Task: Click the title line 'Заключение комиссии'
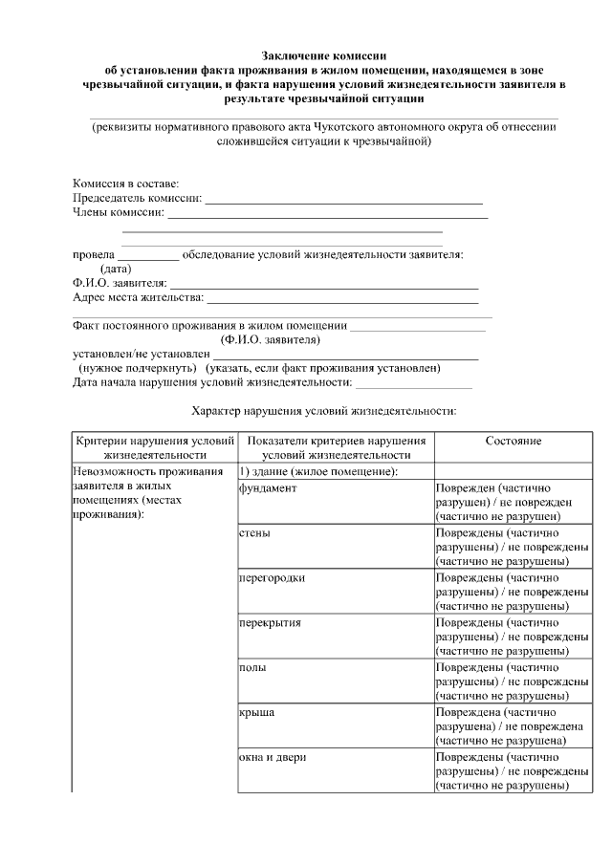(317, 56)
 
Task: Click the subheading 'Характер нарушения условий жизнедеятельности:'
(324, 411)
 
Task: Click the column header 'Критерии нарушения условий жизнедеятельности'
(154, 448)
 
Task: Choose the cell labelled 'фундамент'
(268, 488)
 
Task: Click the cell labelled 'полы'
(252, 667)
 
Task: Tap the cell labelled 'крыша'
(256, 712)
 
